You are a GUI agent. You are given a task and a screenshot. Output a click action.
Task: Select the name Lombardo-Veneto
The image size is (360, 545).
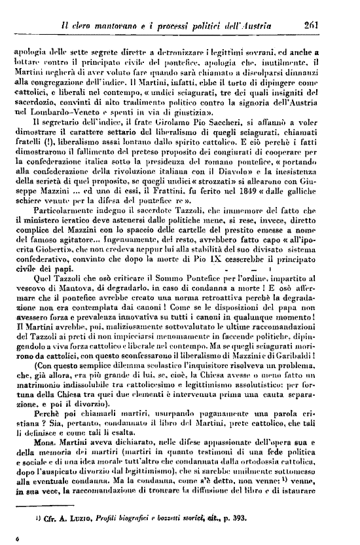(x=54, y=112)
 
